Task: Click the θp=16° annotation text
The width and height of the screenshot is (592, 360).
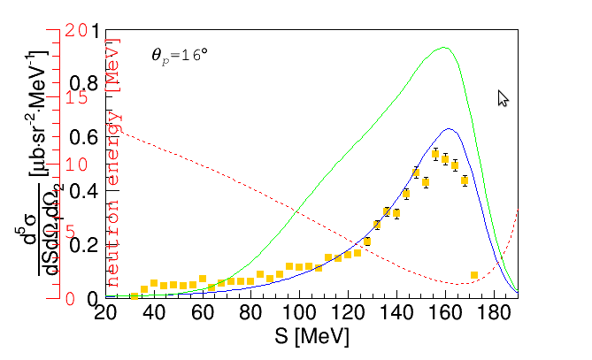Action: click(x=180, y=55)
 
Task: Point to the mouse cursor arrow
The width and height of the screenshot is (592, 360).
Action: click(x=503, y=97)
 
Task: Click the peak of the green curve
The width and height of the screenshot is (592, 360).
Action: click(x=444, y=48)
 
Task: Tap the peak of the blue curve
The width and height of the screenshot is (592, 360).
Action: click(x=450, y=129)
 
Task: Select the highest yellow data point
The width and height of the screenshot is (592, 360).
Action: click(x=435, y=154)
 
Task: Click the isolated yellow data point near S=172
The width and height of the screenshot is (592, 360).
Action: click(x=474, y=275)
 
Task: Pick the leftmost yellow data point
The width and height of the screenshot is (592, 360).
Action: click(x=134, y=295)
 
